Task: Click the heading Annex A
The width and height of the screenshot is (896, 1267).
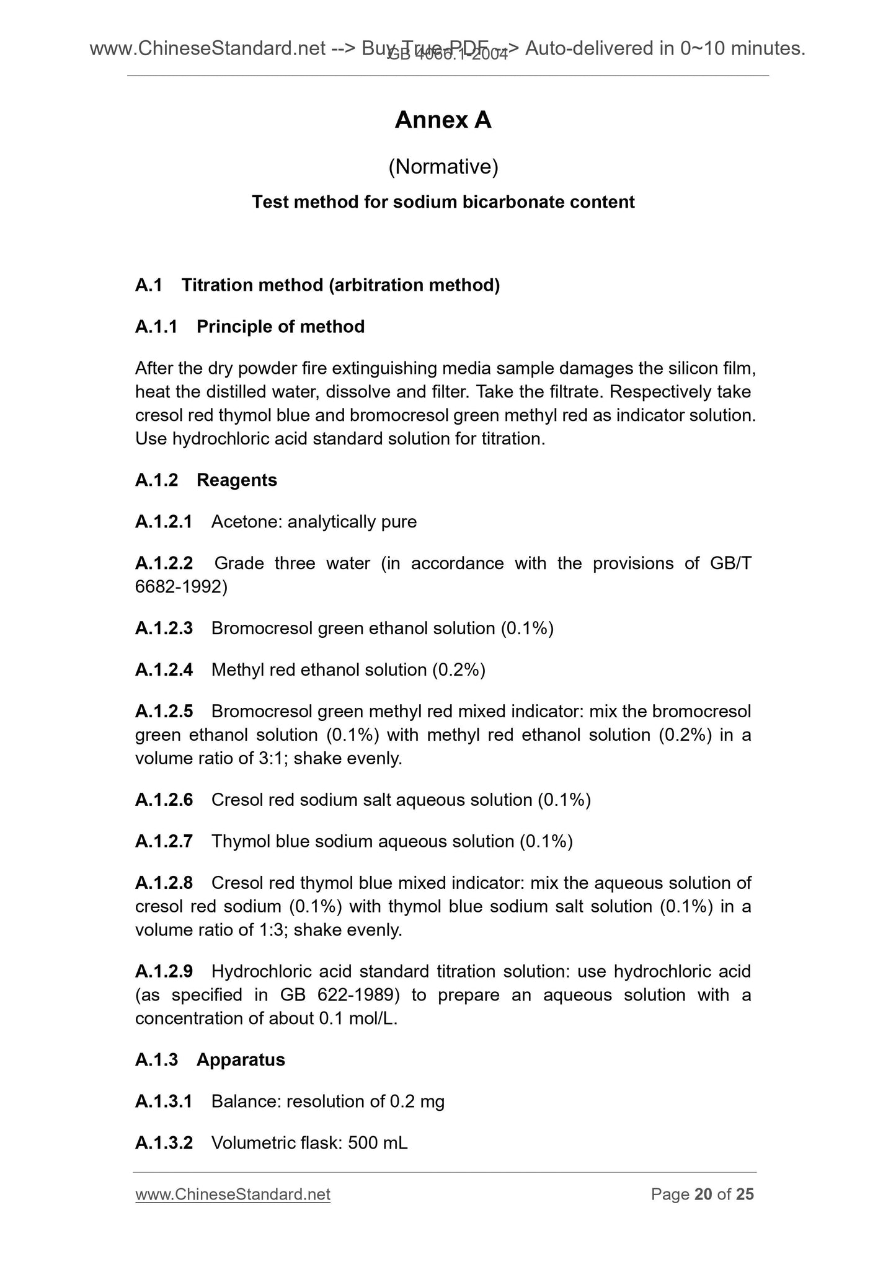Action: pyautogui.click(x=443, y=120)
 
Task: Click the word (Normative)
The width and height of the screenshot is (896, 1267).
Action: pyautogui.click(x=443, y=167)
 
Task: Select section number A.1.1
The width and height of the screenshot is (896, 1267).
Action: pyautogui.click(x=156, y=327)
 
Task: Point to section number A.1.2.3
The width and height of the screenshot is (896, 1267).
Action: pyautogui.click(x=164, y=629)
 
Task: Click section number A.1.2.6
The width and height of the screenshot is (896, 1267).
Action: pyautogui.click(x=164, y=800)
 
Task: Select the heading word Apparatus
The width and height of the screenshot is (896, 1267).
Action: pyautogui.click(x=241, y=1060)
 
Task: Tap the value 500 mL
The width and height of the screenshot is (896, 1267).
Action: pyautogui.click(x=378, y=1143)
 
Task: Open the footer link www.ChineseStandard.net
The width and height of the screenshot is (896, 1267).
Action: pyautogui.click(x=233, y=1194)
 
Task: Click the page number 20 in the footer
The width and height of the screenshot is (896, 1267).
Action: pyautogui.click(x=703, y=1194)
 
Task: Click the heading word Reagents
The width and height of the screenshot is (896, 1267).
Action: pyautogui.click(x=236, y=480)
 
